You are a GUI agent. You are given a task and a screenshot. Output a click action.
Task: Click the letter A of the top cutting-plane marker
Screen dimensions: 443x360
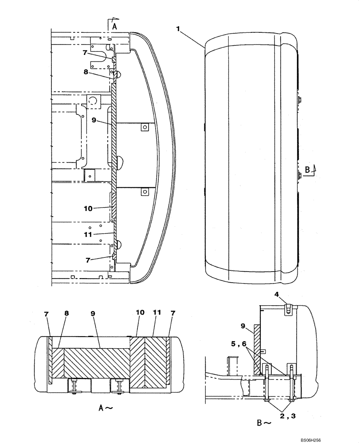click(x=114, y=27)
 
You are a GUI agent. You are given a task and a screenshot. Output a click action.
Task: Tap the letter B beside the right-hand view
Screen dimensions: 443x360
click(x=307, y=169)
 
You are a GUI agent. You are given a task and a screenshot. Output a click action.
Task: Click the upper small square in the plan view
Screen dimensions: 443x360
click(x=144, y=127)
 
